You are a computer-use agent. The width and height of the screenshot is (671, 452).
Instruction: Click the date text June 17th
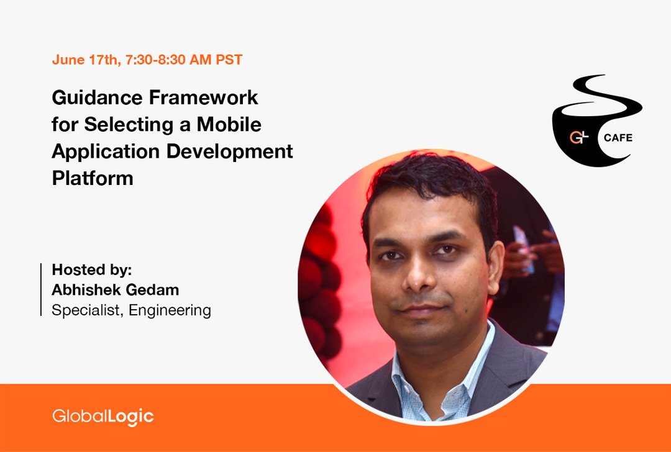pyautogui.click(x=86, y=60)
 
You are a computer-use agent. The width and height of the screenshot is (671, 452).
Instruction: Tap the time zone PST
pyautogui.click(x=229, y=60)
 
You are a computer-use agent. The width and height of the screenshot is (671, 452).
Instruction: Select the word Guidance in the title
pyautogui.click(x=97, y=98)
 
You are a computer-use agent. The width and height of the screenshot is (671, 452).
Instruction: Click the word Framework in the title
pyautogui.click(x=204, y=97)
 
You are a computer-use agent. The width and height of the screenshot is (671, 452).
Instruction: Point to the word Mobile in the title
pyautogui.click(x=229, y=124)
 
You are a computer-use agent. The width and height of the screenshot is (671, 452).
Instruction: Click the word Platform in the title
pyautogui.click(x=93, y=178)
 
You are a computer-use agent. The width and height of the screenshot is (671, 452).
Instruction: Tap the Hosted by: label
pyautogui.click(x=92, y=270)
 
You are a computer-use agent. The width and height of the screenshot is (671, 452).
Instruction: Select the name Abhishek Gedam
pyautogui.click(x=115, y=290)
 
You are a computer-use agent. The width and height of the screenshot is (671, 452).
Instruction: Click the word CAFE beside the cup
pyautogui.click(x=618, y=138)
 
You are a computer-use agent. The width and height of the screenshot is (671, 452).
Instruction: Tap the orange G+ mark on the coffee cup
pyautogui.click(x=579, y=137)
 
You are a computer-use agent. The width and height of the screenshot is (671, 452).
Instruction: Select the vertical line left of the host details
pyautogui.click(x=41, y=289)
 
